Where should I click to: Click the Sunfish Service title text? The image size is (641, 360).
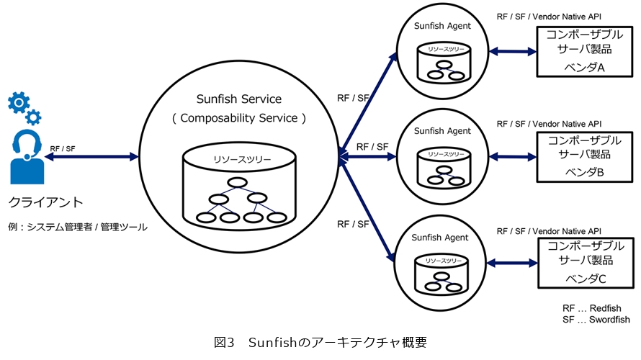239,99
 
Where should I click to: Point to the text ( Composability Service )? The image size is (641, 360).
239,117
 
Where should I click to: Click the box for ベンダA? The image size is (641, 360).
585,51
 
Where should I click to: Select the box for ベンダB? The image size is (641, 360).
585,156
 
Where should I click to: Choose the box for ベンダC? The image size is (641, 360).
585,261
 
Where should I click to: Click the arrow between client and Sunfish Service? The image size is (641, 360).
91,156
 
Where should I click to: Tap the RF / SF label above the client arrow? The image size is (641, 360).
63,148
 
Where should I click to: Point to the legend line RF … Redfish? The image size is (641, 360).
591,308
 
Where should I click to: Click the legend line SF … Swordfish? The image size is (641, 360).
596,320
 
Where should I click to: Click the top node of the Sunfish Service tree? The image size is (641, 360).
238,182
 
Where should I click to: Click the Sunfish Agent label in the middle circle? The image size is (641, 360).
442,131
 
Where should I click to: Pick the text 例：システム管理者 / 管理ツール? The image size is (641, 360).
78,228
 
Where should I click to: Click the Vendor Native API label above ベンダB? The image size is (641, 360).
549,124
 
